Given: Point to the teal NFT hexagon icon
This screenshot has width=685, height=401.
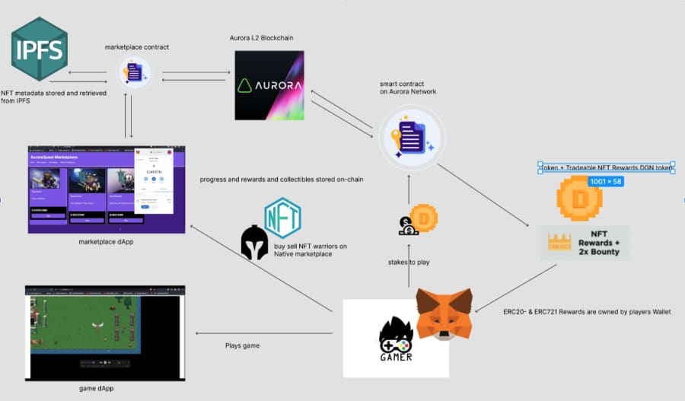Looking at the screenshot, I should pyautogui.click(x=282, y=218).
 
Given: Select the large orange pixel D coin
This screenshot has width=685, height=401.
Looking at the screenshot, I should pyautogui.click(x=579, y=199).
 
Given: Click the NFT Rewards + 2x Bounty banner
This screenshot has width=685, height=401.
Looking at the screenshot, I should pyautogui.click(x=585, y=243).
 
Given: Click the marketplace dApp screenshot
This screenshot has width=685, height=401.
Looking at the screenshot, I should pyautogui.click(x=107, y=188).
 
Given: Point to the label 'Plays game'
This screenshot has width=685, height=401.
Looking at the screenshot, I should pyautogui.click(x=242, y=345).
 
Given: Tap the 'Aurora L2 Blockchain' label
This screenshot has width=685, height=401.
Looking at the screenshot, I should pyautogui.click(x=261, y=38).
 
